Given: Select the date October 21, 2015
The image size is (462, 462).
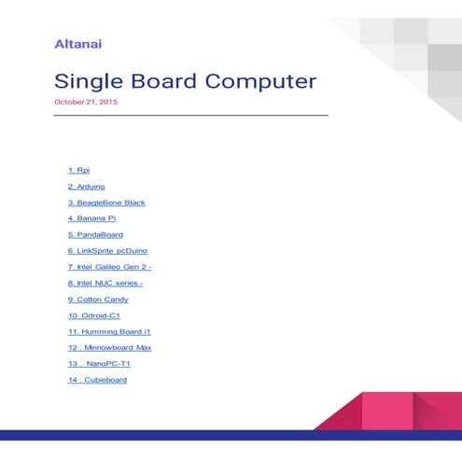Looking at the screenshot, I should [86, 102].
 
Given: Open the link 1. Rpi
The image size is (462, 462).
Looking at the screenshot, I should [78, 170].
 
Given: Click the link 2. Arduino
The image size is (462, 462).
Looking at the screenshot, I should [86, 186].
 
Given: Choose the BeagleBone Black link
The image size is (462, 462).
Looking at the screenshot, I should [106, 203].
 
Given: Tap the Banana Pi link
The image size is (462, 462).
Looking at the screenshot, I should [91, 218].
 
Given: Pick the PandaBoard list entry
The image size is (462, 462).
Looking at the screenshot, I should [95, 234].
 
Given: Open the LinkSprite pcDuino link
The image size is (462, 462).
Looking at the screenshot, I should [107, 251].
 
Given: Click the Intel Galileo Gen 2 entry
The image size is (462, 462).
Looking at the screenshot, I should [109, 267].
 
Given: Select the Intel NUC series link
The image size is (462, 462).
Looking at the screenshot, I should [105, 283].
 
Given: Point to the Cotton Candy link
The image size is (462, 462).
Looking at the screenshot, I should [98, 300].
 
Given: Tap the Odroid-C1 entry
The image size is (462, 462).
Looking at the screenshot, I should [93, 315].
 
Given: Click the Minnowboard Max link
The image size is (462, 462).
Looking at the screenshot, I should [109, 347].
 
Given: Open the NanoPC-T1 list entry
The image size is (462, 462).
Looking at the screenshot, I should [98, 364].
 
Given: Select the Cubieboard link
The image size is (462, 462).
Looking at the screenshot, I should [97, 380].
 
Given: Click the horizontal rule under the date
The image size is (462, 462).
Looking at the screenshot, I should [191, 115].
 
